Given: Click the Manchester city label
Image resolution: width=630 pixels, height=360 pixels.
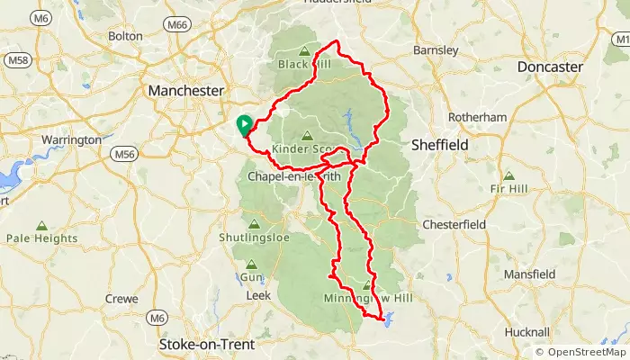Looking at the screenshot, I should coord(184,91).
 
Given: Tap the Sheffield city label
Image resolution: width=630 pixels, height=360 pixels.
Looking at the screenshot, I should coord(441,144).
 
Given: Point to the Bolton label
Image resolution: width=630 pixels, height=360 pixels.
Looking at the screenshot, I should coord(125,36).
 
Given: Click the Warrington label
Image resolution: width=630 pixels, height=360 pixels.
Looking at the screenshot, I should coord(71,140).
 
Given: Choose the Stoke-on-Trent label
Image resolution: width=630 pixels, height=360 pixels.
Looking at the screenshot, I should coord(206,345).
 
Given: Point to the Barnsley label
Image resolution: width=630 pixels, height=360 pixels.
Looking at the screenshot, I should coord(436,50).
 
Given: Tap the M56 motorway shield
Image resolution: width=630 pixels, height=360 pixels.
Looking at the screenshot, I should coord(124,155).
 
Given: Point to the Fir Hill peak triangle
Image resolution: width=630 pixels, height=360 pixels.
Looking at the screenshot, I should coord(509,176).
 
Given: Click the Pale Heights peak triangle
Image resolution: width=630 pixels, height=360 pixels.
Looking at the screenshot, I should coord(41,225).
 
